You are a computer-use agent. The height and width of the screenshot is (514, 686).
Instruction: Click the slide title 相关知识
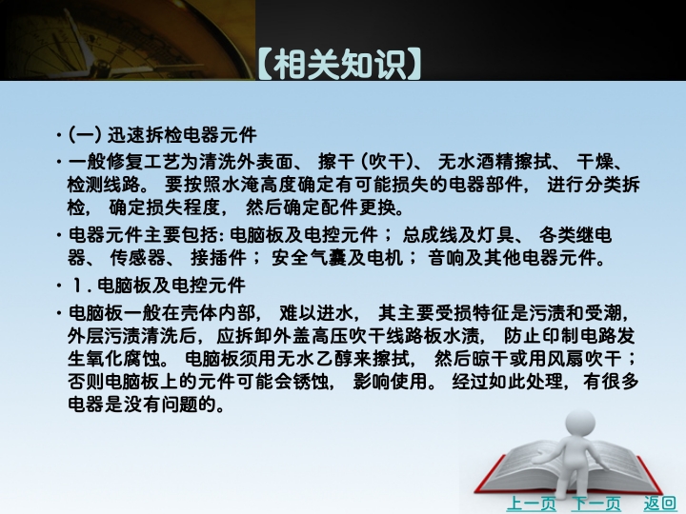tap(339, 65)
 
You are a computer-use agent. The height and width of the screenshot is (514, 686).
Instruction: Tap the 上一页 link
tap(531, 504)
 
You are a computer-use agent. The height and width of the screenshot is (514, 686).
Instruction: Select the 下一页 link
tap(596, 504)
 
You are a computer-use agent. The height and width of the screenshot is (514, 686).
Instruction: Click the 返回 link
tap(659, 504)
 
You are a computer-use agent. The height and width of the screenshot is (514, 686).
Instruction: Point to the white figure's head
tap(580, 424)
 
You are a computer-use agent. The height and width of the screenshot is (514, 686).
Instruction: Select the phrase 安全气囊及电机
tap(337, 257)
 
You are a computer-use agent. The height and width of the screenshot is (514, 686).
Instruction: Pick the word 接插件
tap(218, 257)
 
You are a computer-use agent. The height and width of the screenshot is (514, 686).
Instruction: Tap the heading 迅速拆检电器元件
tap(182, 135)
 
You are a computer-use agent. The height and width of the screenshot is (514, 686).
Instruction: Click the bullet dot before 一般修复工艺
tap(59, 163)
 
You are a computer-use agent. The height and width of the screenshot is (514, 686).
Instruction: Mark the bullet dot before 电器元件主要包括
tap(59, 236)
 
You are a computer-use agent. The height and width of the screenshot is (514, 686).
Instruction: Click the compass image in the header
tap(127, 40)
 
